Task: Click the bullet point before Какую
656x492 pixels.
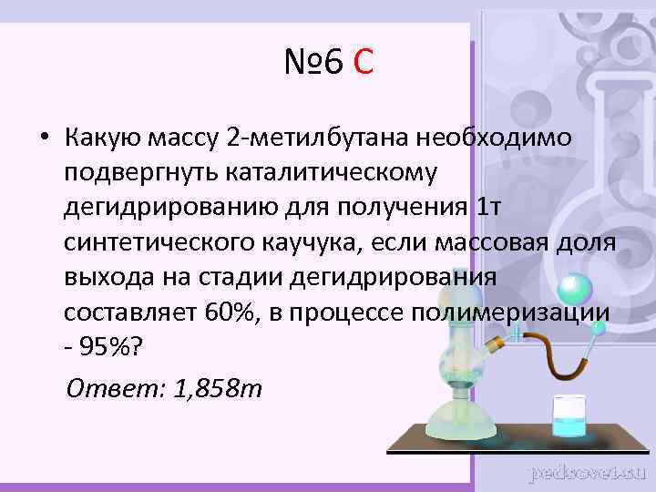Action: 43,138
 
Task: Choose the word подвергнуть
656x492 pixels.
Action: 142,172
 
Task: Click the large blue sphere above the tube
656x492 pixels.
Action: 571,288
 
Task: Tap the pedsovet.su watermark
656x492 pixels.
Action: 589,473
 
